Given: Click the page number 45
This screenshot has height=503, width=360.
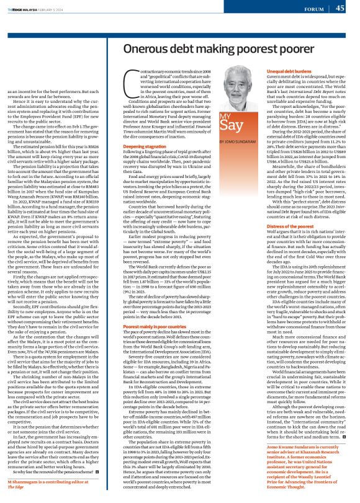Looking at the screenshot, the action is (340, 8).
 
